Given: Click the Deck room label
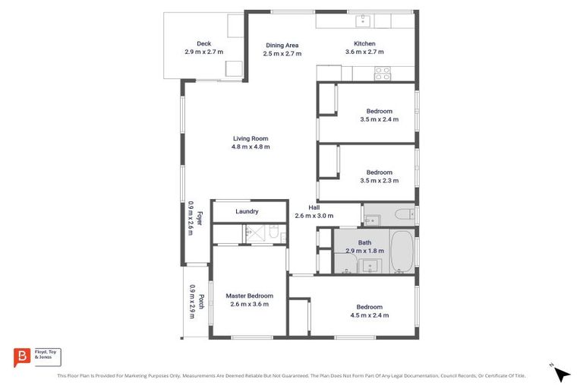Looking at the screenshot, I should pos(203,44).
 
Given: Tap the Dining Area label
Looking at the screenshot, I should pos(281,46).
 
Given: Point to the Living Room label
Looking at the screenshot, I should pos(251,138).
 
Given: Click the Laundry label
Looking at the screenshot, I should pos(247,212).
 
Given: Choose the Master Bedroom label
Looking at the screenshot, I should pos(249,296).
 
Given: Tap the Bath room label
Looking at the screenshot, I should pos(365,243).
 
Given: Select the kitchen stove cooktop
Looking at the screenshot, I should pos(383,73).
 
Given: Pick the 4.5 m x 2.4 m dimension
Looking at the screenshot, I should pos(369,315).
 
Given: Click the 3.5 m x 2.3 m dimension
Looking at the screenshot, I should pos(379,180).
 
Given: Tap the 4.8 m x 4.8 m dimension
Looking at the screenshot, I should pos(251,147).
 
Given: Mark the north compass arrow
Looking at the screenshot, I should pos(562,374).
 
